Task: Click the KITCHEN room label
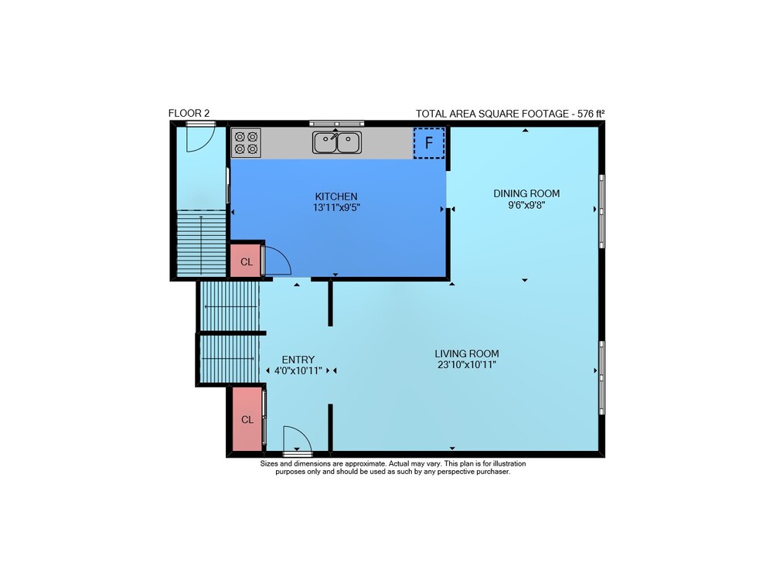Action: click(336, 196)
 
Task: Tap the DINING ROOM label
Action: click(526, 193)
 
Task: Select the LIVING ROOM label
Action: click(467, 353)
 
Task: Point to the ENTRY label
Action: click(298, 360)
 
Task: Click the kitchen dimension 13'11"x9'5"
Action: click(336, 207)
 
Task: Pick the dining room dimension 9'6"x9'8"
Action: click(526, 205)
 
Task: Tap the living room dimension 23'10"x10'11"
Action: click(467, 365)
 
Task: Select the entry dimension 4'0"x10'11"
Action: click(298, 370)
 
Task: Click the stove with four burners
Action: click(246, 142)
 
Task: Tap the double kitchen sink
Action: click(337, 142)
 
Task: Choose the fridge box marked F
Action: click(429, 143)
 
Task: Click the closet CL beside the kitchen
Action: click(246, 261)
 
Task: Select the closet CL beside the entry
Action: click(247, 419)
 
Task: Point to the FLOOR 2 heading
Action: click(189, 113)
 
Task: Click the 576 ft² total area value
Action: click(591, 114)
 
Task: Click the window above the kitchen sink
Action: click(337, 123)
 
